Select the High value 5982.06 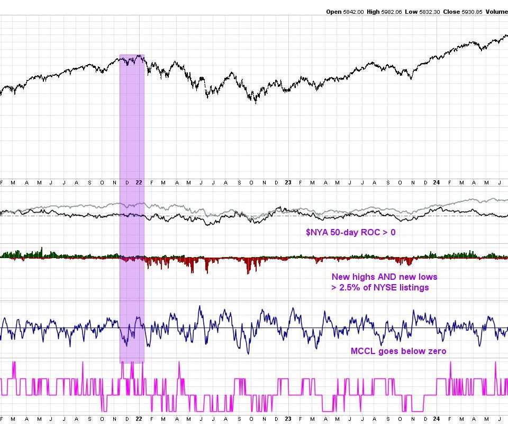(x=391, y=11)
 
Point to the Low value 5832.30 (x=429, y=11)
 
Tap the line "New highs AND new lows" (x=385, y=277)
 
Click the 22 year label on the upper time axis (x=139, y=182)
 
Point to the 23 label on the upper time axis (x=288, y=182)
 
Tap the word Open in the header (x=334, y=11)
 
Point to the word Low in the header (x=411, y=11)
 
